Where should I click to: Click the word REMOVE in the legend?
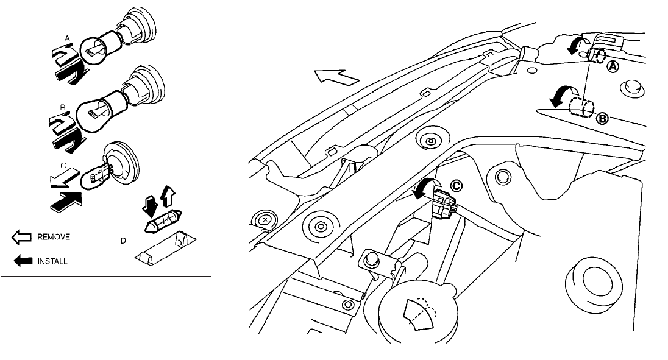coord(54,236)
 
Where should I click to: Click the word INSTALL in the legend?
coord(52,261)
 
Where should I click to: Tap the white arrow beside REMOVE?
coord(23,236)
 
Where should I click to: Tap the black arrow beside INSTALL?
coord(23,261)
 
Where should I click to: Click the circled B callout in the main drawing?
coord(602,119)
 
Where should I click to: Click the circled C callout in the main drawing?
coord(456,185)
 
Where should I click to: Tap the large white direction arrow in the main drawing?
coord(335,79)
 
